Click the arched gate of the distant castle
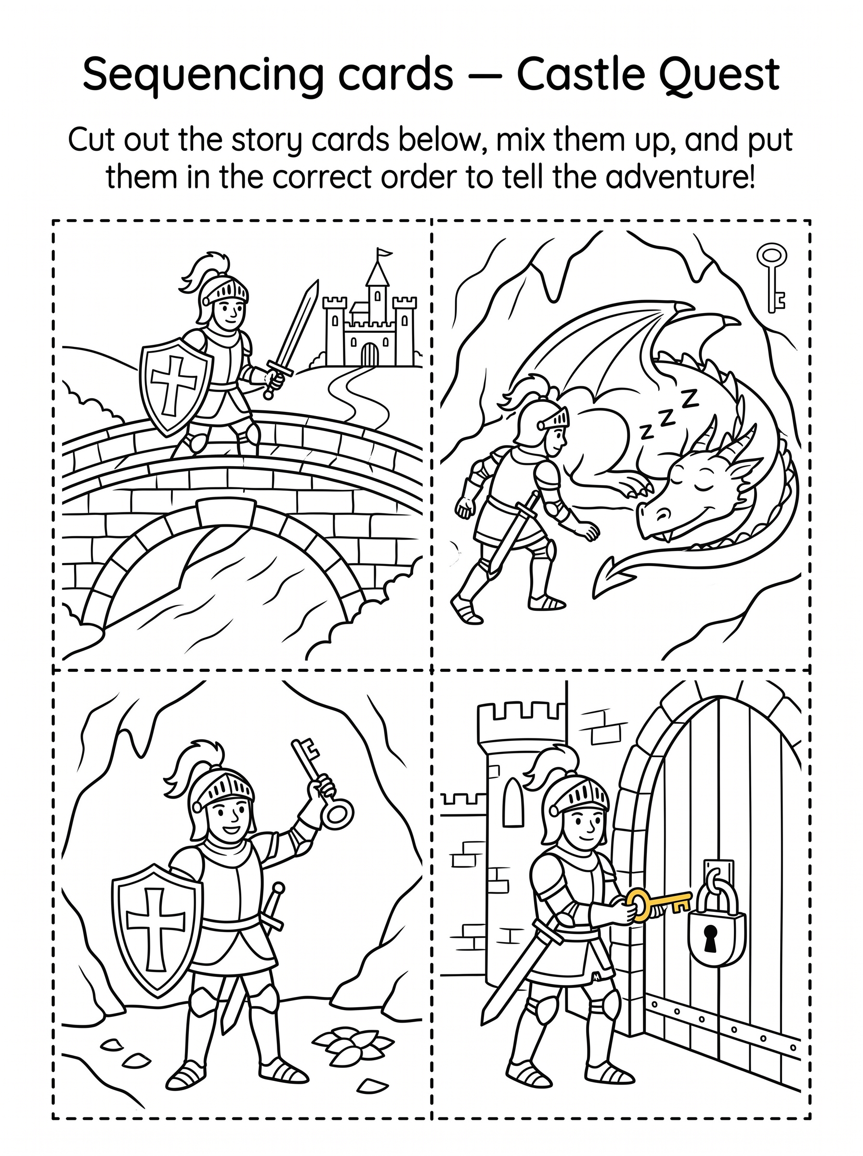[369, 354]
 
